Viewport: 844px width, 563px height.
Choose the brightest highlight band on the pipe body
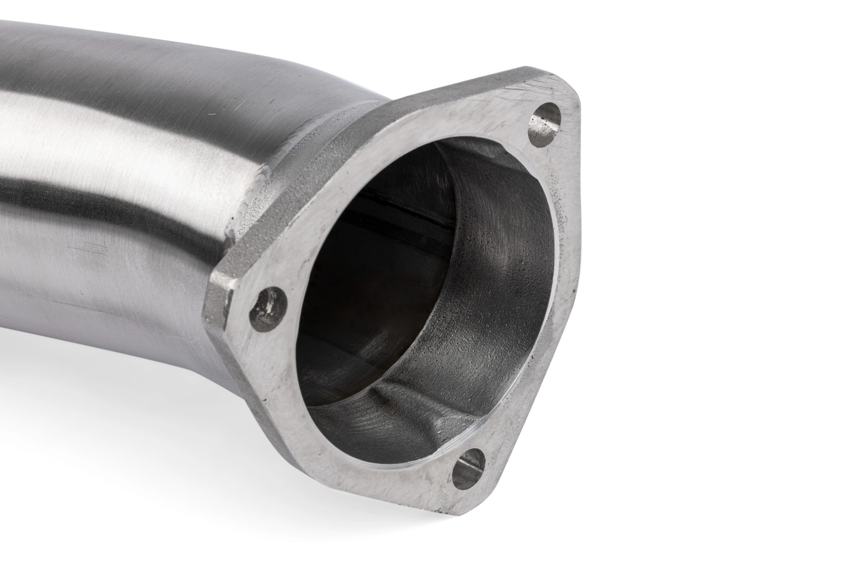(x=108, y=151)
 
